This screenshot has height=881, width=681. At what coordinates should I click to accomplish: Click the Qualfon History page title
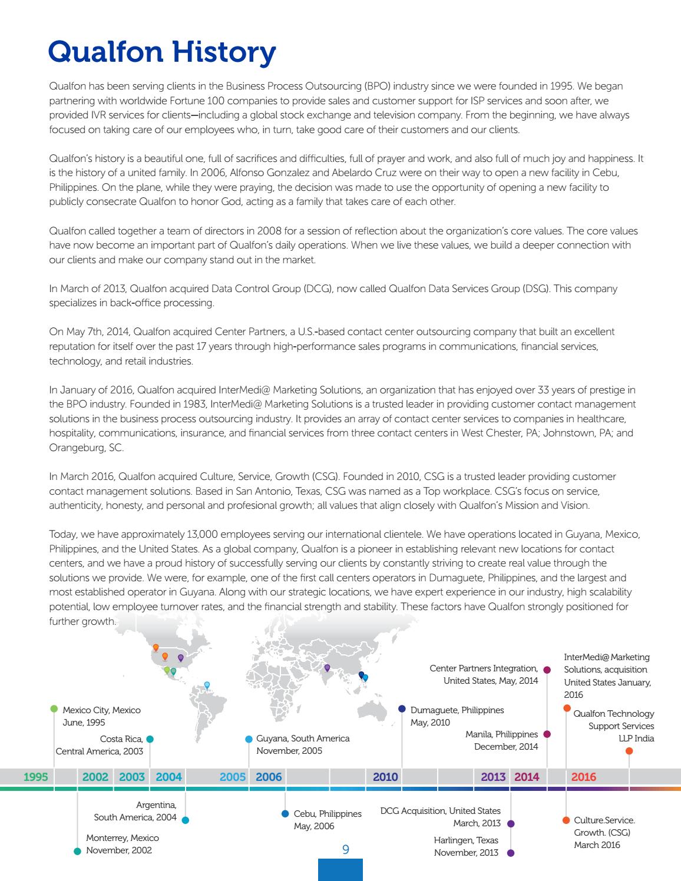(x=161, y=52)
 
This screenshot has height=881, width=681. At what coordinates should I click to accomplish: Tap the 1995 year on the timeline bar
(x=35, y=777)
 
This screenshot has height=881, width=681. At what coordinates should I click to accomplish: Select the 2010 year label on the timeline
(x=385, y=777)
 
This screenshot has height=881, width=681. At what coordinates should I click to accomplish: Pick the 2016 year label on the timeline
(x=583, y=777)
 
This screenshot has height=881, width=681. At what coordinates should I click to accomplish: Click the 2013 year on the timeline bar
(x=493, y=777)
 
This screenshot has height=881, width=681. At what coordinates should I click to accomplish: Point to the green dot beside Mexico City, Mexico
(x=54, y=708)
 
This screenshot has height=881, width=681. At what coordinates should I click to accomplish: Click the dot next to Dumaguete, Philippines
(x=402, y=708)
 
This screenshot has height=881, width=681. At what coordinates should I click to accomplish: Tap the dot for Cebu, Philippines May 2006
(x=285, y=814)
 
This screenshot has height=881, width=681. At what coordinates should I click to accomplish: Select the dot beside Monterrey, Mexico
(x=77, y=851)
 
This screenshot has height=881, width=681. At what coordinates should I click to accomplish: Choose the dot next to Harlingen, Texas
(x=511, y=853)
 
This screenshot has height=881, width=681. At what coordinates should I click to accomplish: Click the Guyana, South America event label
(x=302, y=744)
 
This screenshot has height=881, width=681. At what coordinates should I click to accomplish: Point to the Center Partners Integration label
(x=483, y=674)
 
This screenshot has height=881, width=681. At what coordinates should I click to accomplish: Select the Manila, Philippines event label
(x=501, y=740)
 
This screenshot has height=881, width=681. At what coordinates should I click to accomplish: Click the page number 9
(x=346, y=850)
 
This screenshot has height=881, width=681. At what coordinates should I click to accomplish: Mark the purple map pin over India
(x=327, y=668)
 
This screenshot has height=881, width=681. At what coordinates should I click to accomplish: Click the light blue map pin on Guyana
(x=207, y=685)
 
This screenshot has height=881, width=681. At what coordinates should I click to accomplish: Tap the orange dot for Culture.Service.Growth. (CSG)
(x=566, y=820)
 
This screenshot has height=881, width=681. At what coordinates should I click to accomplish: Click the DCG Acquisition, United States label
(x=441, y=817)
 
